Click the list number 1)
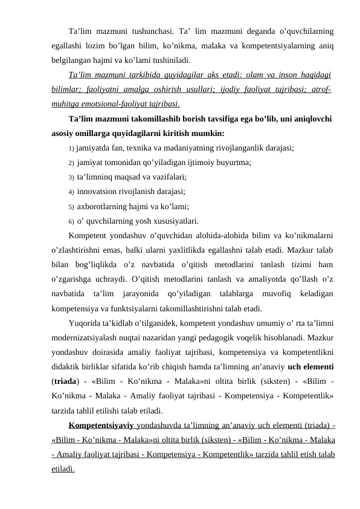[71, 148]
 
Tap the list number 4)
[71, 192]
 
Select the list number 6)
[71, 221]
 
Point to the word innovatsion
[98, 192]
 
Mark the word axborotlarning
[106, 207]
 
